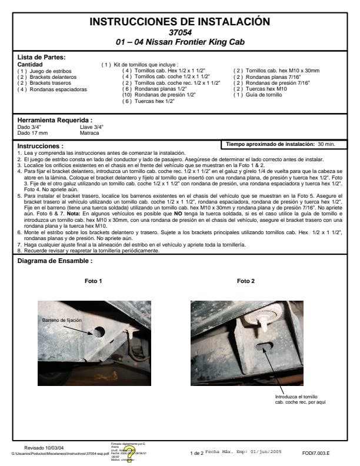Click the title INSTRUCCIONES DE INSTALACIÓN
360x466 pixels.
click(180, 22)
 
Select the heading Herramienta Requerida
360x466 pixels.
click(55, 120)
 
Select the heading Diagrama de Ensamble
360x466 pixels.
click(55, 260)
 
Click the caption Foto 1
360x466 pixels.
click(93, 281)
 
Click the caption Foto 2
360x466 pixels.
click(245, 281)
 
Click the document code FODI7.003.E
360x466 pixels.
click(315, 454)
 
